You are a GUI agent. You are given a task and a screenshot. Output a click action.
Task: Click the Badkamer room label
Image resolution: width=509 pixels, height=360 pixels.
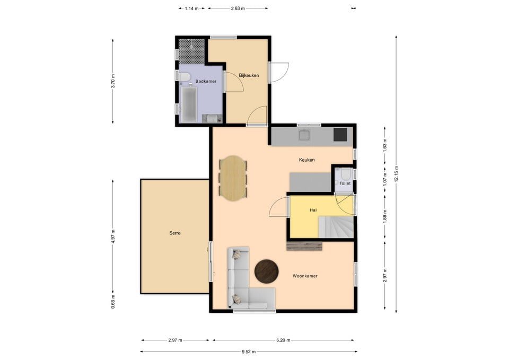(206, 81)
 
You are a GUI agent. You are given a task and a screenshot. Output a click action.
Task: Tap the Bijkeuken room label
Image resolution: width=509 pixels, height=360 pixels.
(249, 76)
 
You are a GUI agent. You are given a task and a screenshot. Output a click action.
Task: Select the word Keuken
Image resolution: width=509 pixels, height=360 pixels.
(307, 160)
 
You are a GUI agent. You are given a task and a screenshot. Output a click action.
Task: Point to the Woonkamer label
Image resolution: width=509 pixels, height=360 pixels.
(305, 276)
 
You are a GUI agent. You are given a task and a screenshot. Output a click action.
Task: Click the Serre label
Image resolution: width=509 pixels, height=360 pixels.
(175, 233)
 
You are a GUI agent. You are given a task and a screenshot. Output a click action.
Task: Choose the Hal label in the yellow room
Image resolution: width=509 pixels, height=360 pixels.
(313, 210)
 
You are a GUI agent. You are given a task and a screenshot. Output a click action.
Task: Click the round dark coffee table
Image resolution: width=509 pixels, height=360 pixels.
(267, 271)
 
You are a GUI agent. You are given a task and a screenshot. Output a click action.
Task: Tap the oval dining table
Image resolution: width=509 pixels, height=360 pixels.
(233, 178)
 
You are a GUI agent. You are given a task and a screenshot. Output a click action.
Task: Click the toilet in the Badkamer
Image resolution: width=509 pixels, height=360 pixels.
(185, 78)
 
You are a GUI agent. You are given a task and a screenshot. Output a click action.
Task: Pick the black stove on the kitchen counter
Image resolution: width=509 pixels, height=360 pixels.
(340, 135)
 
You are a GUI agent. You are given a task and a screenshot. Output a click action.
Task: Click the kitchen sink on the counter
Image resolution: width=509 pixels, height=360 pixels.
(305, 135)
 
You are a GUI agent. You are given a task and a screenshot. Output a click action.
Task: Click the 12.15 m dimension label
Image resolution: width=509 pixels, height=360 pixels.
(396, 174)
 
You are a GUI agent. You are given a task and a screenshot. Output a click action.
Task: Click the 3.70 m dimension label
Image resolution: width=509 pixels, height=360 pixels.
(113, 81)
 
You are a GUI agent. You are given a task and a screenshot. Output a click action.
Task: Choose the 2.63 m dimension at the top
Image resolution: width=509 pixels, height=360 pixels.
(238, 8)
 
